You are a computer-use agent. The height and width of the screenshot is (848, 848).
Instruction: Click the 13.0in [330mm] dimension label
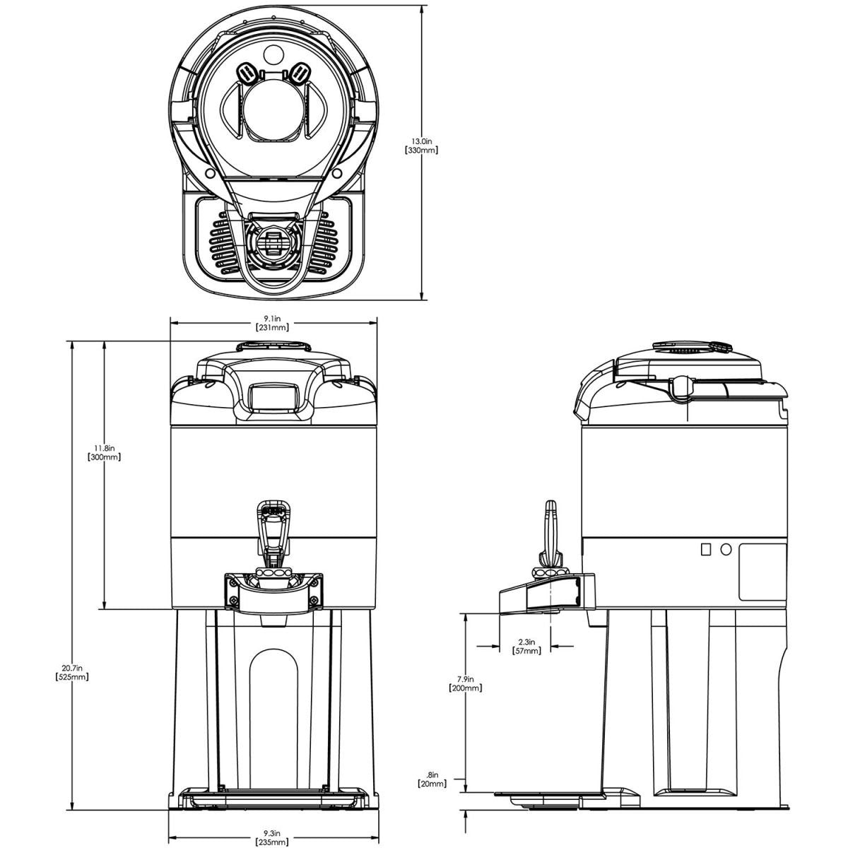pos(421,146)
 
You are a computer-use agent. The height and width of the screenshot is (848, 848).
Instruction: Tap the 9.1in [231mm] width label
pos(272,322)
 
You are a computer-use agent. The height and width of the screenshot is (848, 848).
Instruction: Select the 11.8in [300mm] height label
pos(105,452)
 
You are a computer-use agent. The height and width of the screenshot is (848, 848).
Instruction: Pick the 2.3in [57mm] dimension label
pos(526,646)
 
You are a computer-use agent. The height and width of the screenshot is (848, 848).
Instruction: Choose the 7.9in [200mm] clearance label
pos(465,683)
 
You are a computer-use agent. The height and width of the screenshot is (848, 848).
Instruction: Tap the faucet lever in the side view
pos(550,534)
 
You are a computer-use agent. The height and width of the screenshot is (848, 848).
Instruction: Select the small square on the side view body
pos(705,549)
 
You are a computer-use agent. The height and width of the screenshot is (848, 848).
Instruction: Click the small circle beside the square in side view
pos(726,549)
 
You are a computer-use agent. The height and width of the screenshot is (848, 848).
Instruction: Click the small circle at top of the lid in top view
pos(273,54)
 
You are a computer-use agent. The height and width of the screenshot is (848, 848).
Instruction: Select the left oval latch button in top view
pos(247,73)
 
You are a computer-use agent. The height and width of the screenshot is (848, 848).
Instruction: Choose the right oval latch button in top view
pos(300,73)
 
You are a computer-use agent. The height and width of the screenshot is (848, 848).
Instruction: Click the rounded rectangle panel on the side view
pos(762,572)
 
